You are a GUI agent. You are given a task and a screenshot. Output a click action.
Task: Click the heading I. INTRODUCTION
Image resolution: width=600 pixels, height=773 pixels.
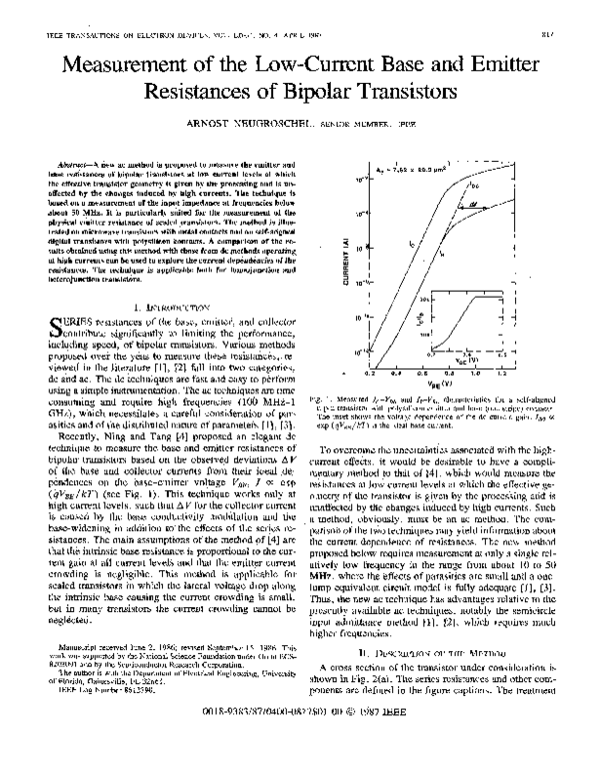point(157,312)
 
